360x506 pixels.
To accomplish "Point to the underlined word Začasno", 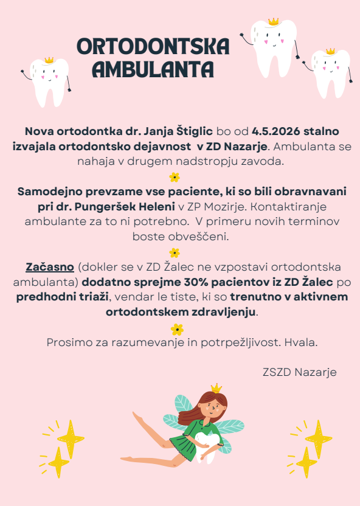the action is (x=50, y=267).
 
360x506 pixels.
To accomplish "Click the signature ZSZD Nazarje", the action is (x=299, y=372).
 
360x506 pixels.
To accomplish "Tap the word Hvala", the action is (x=303, y=342).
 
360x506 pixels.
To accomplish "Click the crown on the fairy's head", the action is (x=216, y=388).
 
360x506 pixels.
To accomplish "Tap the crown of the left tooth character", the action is (x=49, y=60).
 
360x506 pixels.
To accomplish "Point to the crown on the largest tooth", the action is (x=273, y=22).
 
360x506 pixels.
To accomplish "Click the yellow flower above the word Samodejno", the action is (x=175, y=177).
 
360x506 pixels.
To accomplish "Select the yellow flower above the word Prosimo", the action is (x=177, y=329).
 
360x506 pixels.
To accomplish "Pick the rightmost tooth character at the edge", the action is (x=331, y=75).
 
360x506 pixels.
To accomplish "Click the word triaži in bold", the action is (x=92, y=297).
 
